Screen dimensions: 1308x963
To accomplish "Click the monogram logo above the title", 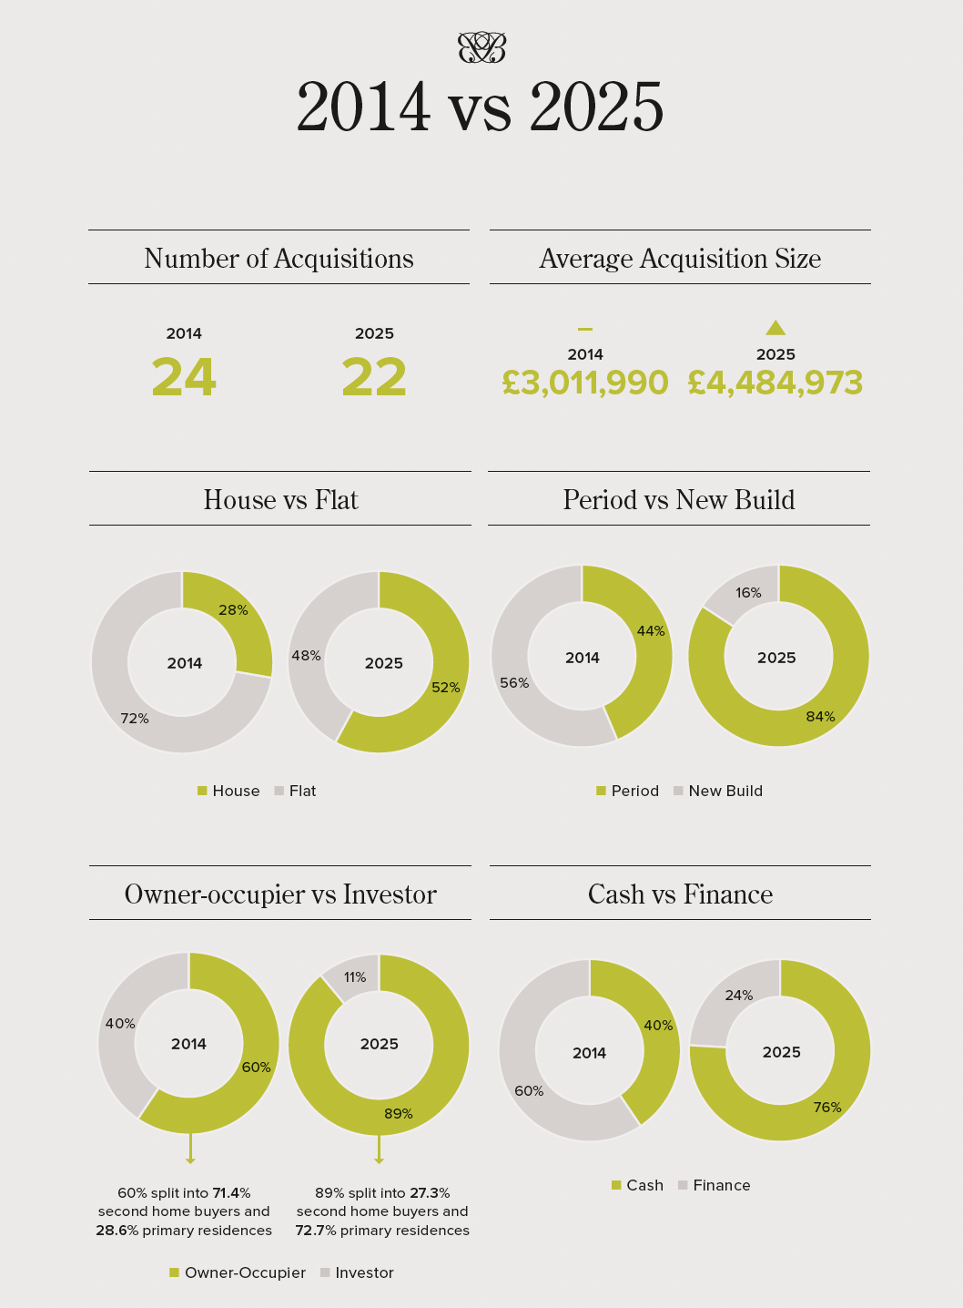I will [481, 47].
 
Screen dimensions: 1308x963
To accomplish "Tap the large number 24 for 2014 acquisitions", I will [184, 378].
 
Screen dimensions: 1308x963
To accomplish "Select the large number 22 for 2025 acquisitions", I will [374, 378].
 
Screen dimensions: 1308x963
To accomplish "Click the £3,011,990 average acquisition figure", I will [585, 383].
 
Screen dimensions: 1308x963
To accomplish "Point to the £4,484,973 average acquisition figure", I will [775, 383].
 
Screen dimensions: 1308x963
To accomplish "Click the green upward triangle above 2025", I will [775, 328].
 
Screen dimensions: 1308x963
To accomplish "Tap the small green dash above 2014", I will [585, 329].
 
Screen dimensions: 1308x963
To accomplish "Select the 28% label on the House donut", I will [233, 610].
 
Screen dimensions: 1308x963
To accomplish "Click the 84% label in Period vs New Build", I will [820, 717].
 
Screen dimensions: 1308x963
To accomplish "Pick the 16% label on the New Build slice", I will [748, 593].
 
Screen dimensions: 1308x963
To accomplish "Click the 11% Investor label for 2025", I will [355, 977].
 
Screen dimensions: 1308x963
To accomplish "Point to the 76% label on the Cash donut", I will [827, 1108].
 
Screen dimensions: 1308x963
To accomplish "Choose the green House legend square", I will [202, 791].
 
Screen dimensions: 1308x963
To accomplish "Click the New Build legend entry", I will [718, 791].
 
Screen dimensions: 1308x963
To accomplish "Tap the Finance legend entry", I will [715, 1185].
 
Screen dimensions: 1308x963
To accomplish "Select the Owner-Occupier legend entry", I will [238, 1272].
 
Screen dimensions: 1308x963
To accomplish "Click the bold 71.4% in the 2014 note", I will [231, 1193].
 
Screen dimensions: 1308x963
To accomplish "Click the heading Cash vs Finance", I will [680, 894].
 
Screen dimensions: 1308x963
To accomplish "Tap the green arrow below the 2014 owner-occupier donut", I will [190, 1150].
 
